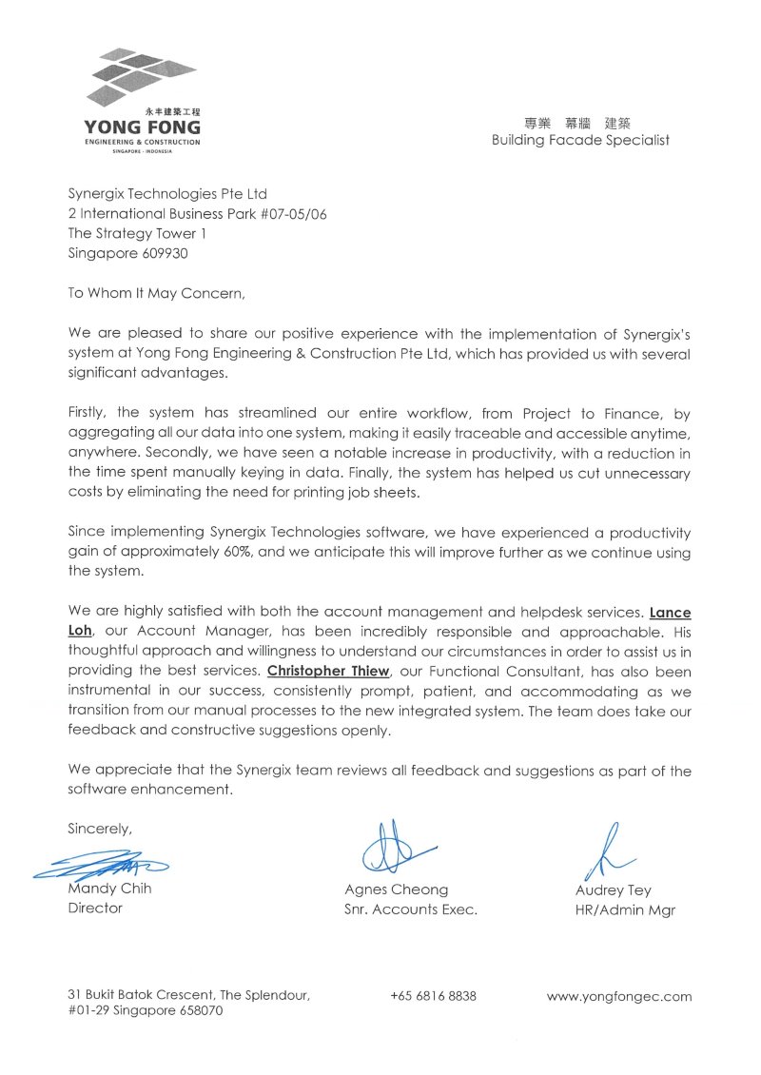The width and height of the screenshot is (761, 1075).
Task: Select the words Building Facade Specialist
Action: coord(580,140)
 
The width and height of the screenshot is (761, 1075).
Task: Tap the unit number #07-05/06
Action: coord(283,214)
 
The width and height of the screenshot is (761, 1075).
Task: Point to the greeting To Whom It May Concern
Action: coord(156,293)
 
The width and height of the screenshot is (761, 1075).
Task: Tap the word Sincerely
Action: coord(100,829)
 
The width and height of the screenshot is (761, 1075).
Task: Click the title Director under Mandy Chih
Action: coord(95,909)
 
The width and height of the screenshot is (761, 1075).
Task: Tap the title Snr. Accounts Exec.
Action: coord(410,909)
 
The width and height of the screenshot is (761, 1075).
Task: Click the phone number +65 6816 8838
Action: coord(433,996)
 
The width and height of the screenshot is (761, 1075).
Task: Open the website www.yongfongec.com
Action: coord(618,997)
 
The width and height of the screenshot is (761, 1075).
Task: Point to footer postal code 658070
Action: coord(199,1011)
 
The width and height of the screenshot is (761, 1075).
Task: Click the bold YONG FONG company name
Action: coord(142,127)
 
